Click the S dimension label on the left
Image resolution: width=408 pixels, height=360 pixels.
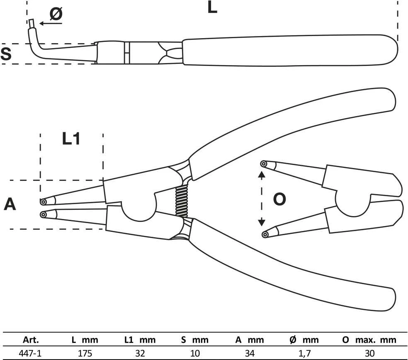click(x=6, y=54)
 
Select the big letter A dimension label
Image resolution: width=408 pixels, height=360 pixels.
click(x=10, y=204)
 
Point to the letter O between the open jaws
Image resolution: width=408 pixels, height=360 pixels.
click(x=279, y=199)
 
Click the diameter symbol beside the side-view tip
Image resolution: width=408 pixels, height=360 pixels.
click(x=56, y=14)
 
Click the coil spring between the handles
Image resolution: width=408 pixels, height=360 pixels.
click(x=181, y=202)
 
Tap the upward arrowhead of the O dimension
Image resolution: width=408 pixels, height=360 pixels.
click(x=262, y=175)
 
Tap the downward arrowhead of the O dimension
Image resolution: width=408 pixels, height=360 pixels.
click(x=262, y=223)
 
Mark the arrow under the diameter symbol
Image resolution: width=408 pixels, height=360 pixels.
click(x=51, y=23)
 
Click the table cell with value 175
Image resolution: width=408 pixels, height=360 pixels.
click(x=85, y=353)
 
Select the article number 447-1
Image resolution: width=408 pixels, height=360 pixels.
click(x=30, y=353)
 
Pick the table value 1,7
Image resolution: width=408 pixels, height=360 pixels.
click(x=304, y=353)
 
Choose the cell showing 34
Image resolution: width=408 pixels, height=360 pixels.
click(x=250, y=353)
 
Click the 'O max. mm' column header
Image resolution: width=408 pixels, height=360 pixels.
click(x=369, y=340)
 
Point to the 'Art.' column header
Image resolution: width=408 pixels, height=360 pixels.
click(x=31, y=340)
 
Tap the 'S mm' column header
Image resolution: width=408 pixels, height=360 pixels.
click(x=195, y=340)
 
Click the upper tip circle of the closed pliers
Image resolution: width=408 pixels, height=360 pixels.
click(x=44, y=202)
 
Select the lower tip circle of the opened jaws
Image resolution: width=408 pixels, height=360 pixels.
click(x=265, y=234)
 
